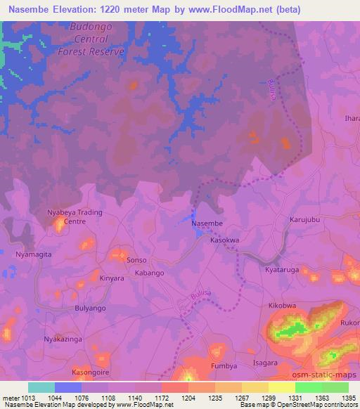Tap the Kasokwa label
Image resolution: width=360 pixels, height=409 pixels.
pos(226,240)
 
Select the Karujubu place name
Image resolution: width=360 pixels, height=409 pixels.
pos(305,220)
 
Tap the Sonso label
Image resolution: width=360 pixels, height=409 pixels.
pos(136,260)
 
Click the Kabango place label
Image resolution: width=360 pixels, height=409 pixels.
pos(149,273)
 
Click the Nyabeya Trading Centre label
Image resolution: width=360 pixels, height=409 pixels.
pos(75,216)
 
